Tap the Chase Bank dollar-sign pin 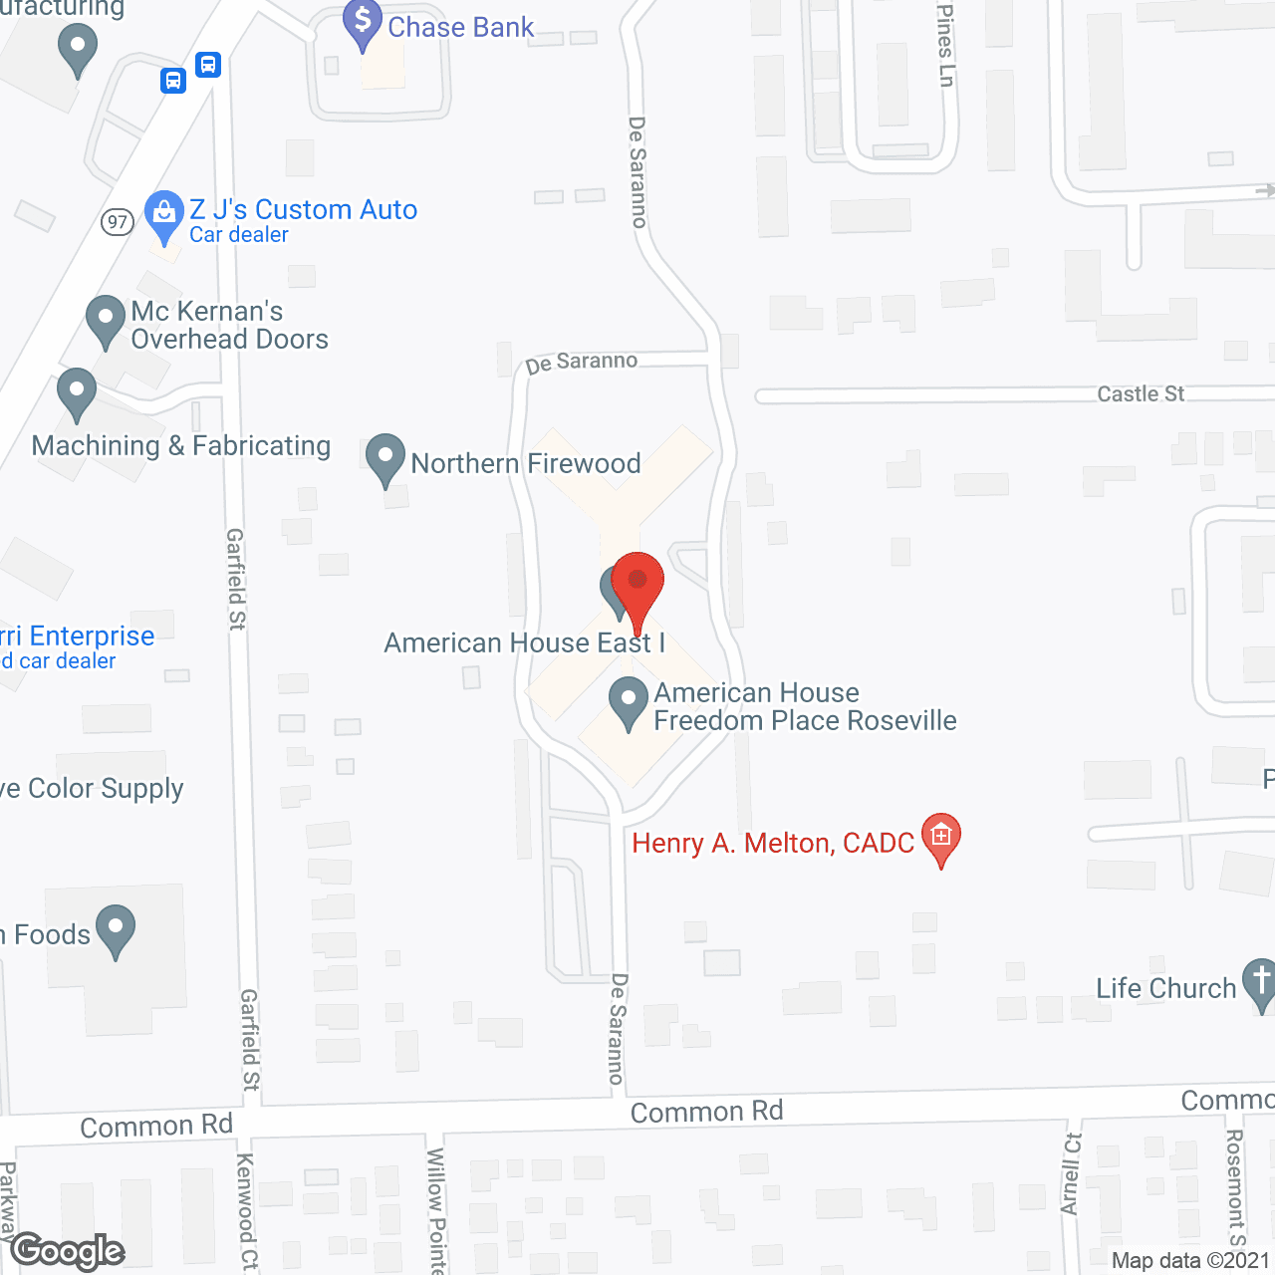click(x=362, y=22)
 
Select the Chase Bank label click(x=460, y=27)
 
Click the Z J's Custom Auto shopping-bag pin click(x=163, y=215)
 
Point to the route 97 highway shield click(x=118, y=221)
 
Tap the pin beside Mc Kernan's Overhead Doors click(x=105, y=320)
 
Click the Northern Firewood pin click(x=384, y=458)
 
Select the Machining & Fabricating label click(x=181, y=445)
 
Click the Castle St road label click(x=1141, y=394)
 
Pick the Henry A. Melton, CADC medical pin click(x=940, y=838)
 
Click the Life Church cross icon click(x=1259, y=982)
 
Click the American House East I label click(x=524, y=642)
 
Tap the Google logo click(x=68, y=1250)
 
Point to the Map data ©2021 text click(x=1191, y=1260)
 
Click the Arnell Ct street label click(x=1072, y=1173)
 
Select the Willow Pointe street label click(x=436, y=1209)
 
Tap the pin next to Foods click(x=116, y=929)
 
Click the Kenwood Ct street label click(x=246, y=1211)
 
